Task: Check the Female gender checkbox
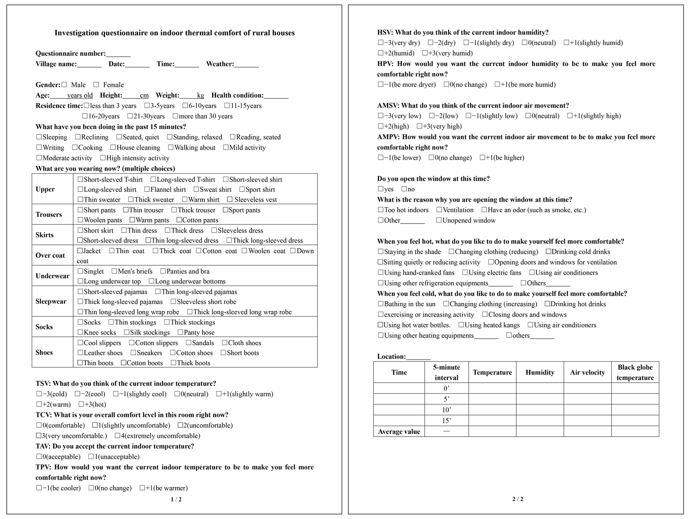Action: pos(96,85)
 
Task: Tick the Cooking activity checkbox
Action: pos(75,147)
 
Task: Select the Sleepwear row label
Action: pos(51,301)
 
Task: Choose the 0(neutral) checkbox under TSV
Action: pos(177,394)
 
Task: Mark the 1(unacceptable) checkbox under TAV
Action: pos(91,456)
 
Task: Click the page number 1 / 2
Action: pos(176,499)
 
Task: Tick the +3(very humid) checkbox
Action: pos(424,53)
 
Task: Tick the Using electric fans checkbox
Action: pos(465,272)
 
